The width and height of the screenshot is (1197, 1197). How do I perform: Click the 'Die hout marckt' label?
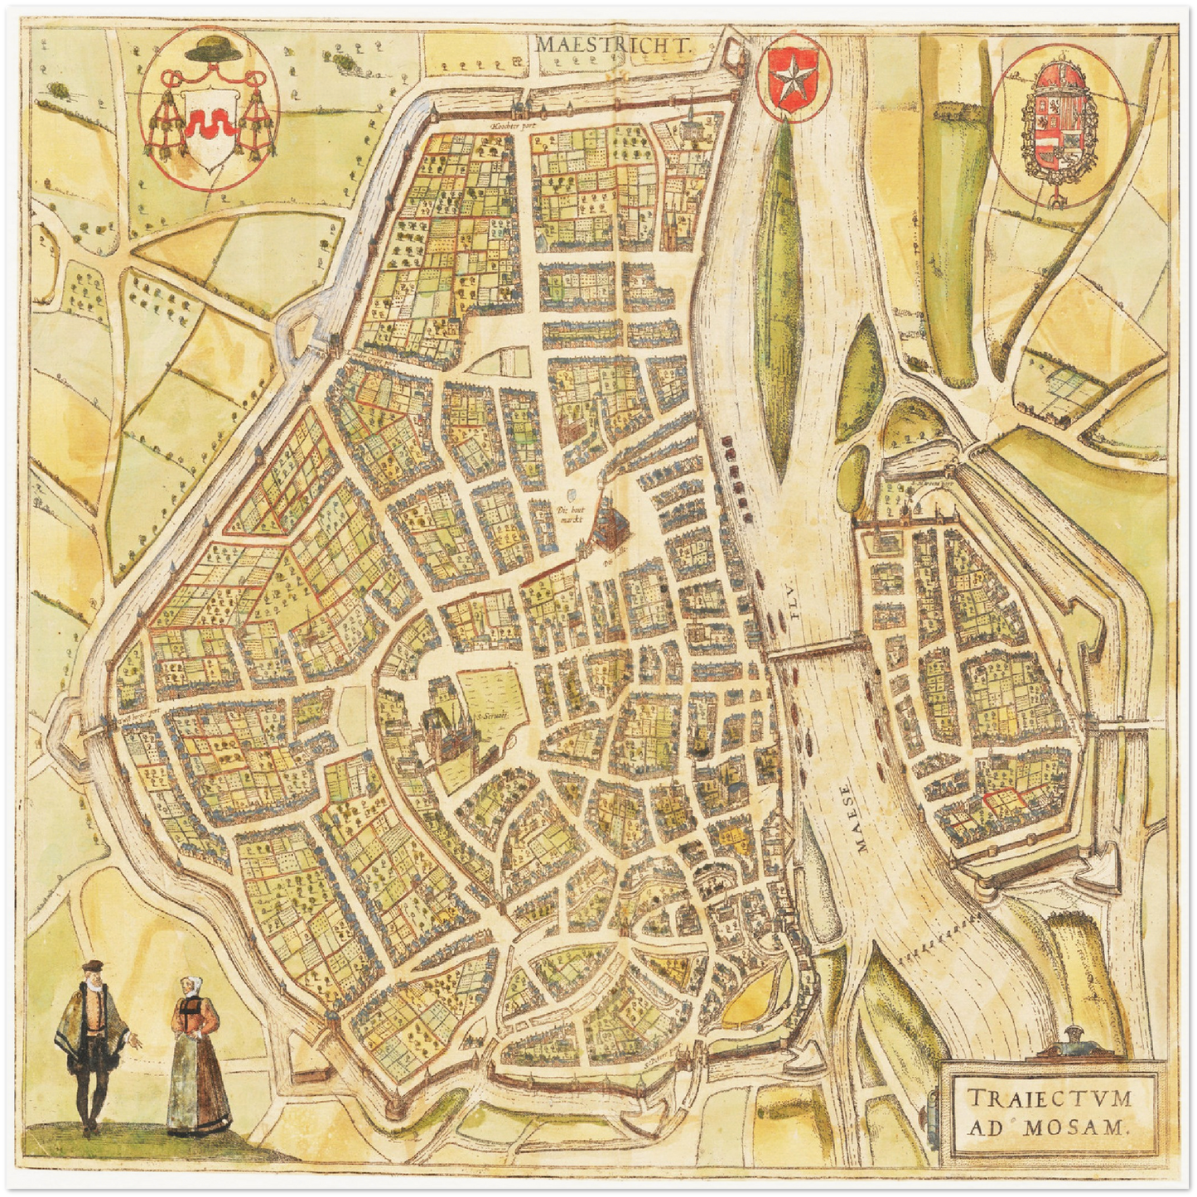pyautogui.click(x=571, y=514)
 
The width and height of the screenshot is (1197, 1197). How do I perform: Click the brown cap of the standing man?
pyautogui.click(x=94, y=966)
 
